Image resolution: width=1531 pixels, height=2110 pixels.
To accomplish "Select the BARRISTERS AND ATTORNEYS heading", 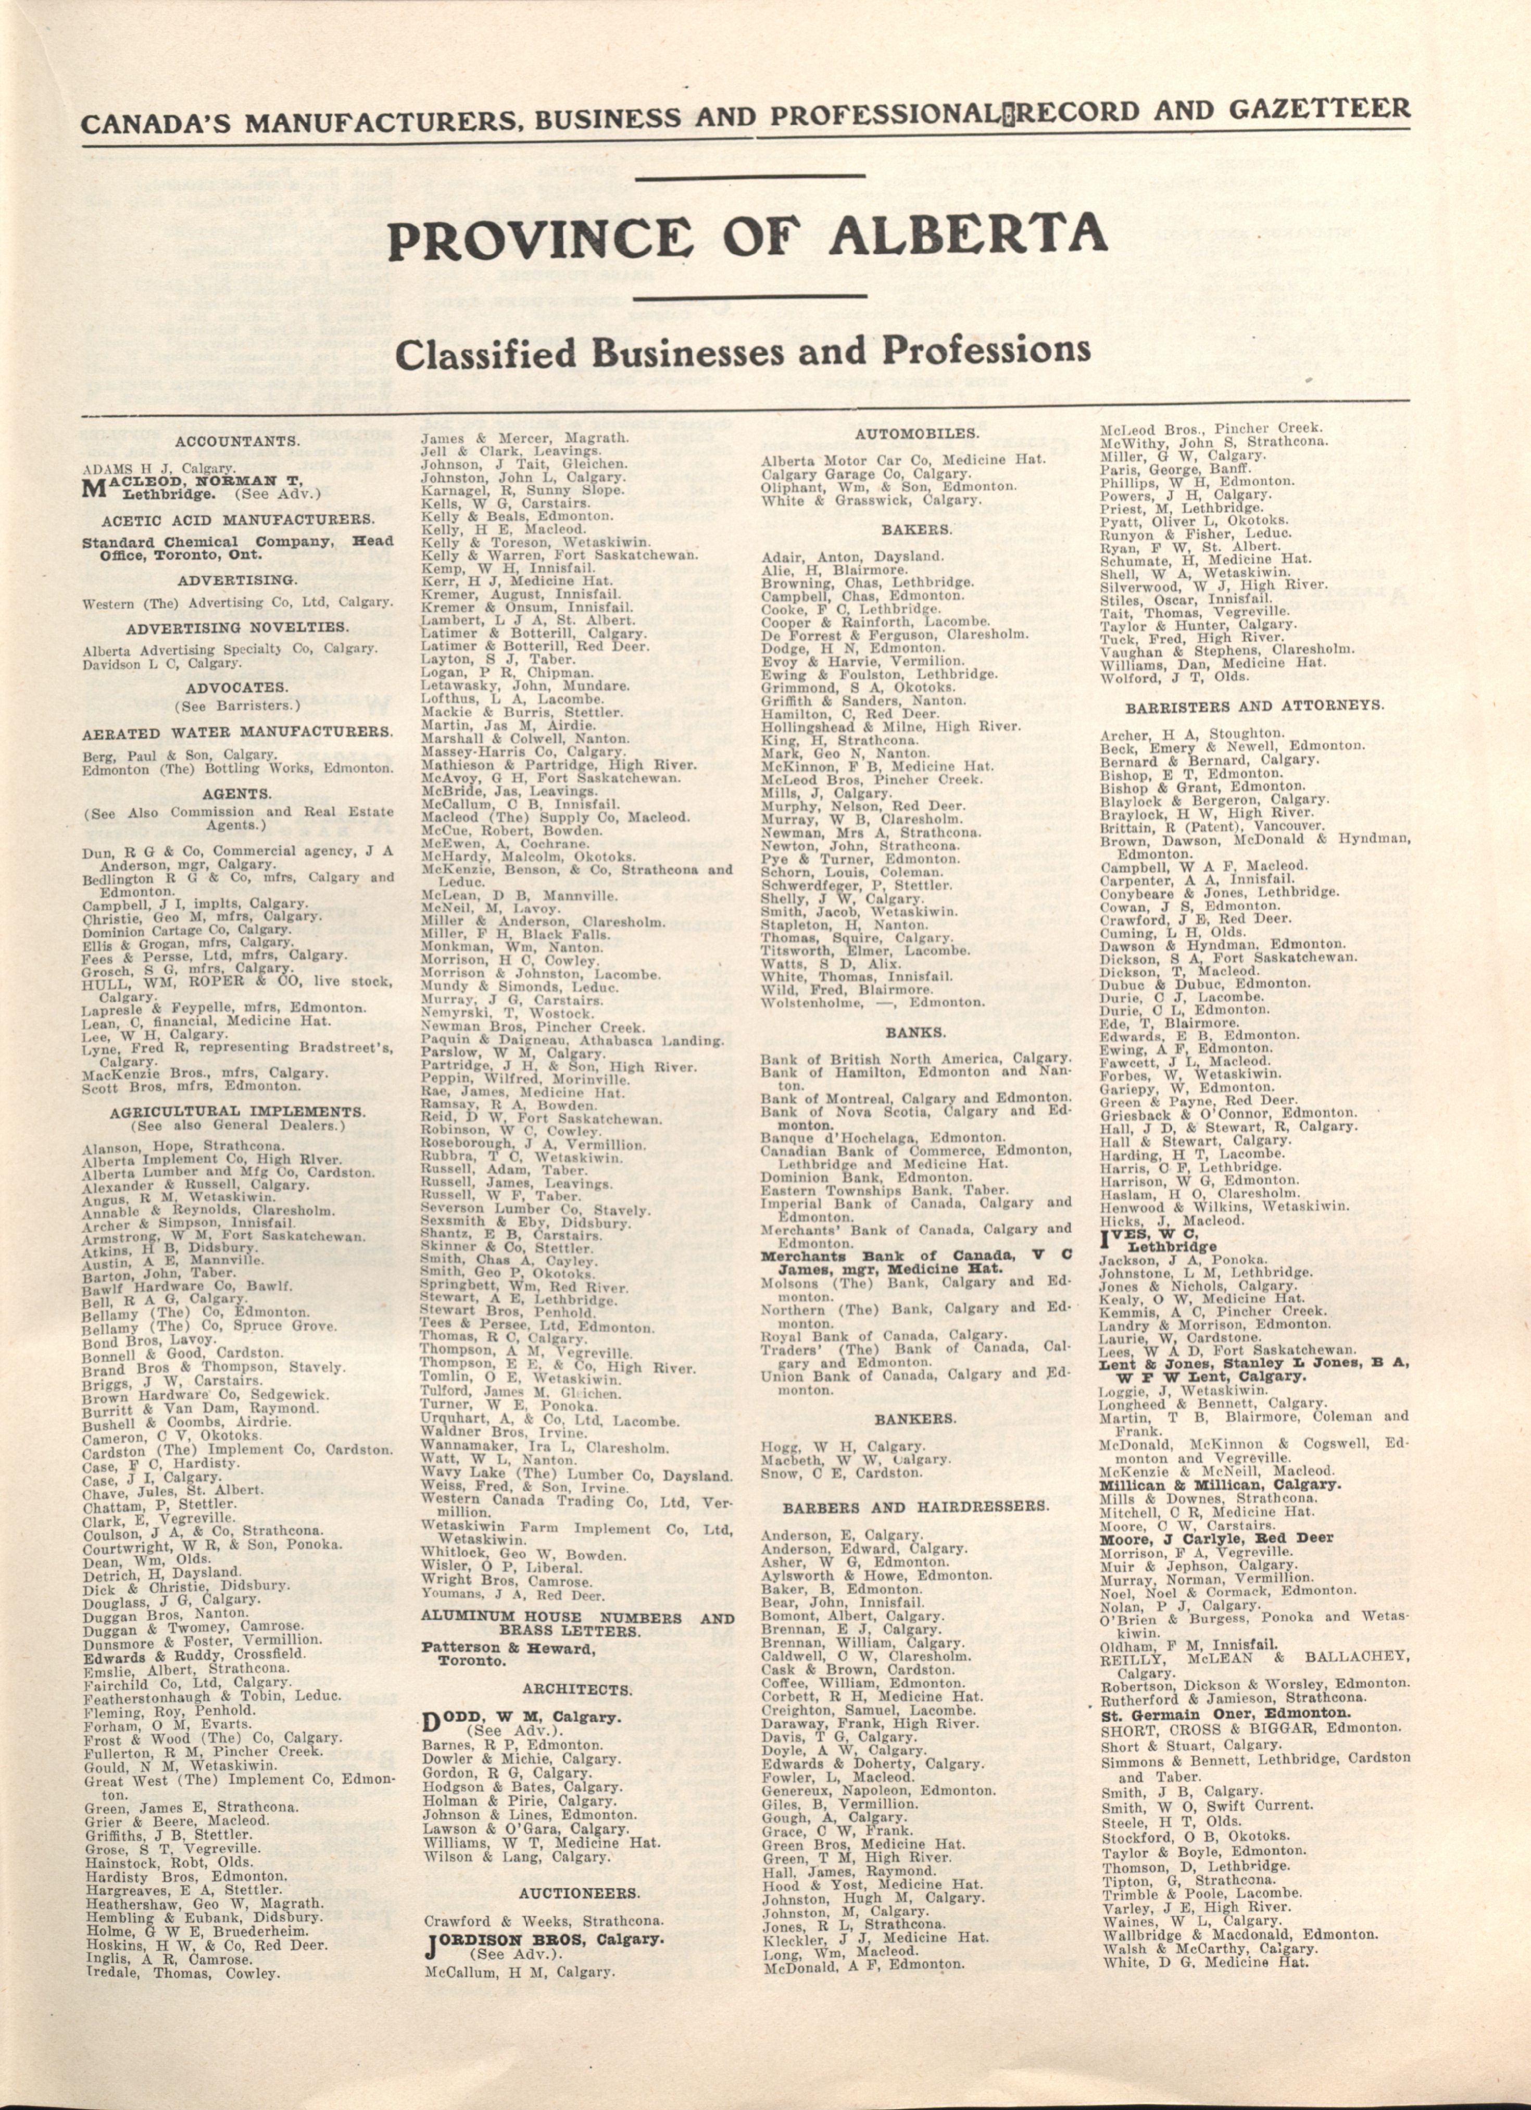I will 1255,705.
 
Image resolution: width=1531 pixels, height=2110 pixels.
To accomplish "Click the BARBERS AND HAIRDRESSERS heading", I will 916,1505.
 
